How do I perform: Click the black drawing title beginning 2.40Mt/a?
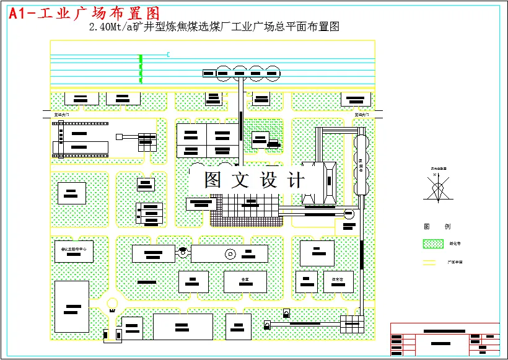214,27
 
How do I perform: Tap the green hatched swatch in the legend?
432,244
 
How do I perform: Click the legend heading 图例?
437,227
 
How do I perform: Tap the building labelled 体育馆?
338,280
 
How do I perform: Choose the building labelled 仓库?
245,280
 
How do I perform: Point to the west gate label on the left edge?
62,115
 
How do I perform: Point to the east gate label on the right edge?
362,115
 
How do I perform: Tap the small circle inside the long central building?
230,253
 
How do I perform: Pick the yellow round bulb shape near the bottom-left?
112,303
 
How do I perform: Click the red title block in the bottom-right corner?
444,339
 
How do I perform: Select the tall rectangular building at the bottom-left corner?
71,306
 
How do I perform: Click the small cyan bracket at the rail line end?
169,55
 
